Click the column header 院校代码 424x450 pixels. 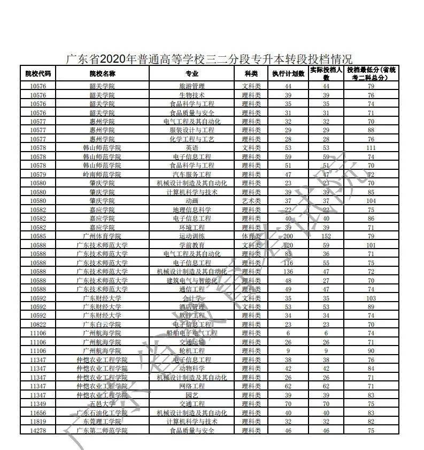38,73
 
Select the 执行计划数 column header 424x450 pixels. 288,73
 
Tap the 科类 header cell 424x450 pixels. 251,73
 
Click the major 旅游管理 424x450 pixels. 191,86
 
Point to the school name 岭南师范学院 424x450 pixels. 102,174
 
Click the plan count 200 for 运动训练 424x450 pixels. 288,236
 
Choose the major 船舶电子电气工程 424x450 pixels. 191,333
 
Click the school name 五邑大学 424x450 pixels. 102,404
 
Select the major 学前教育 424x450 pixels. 191,245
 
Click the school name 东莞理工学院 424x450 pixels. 102,422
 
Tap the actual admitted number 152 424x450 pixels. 326,236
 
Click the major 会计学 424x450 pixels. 191,298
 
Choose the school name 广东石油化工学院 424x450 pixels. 102,412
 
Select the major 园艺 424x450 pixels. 191,395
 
